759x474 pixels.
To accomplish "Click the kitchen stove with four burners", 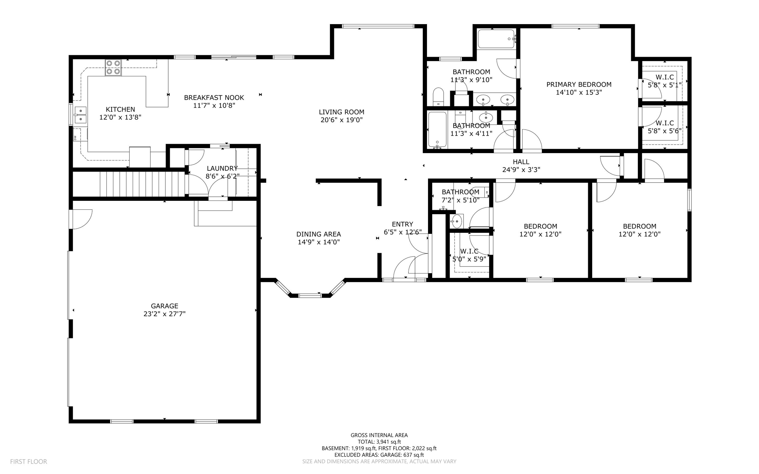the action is (113, 67).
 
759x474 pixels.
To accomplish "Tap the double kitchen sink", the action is (80, 115).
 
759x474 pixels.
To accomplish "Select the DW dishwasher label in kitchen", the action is (75, 137).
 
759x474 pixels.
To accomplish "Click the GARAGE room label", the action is (165, 306).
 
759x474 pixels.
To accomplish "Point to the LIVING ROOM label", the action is (341, 112).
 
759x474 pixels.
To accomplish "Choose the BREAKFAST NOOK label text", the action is (214, 97).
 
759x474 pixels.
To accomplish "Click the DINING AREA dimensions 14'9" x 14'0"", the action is (319, 242).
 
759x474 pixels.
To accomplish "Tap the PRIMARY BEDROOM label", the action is (579, 84).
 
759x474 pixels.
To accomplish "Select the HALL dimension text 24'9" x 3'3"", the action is (521, 170).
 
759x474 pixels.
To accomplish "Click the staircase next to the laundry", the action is (143, 184).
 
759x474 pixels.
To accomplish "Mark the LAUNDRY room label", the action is (222, 168).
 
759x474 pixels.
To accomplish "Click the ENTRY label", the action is (402, 224).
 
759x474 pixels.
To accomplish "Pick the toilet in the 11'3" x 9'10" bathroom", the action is (438, 97).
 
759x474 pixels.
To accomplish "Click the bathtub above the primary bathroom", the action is (497, 39).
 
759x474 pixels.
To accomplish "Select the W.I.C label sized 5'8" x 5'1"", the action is (664, 77).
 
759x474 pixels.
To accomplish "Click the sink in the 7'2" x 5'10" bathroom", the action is (457, 221).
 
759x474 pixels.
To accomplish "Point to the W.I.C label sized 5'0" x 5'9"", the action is (469, 251).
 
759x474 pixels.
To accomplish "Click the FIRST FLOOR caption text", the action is (29, 462).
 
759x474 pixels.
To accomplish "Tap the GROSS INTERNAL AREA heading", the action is (379, 435).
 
